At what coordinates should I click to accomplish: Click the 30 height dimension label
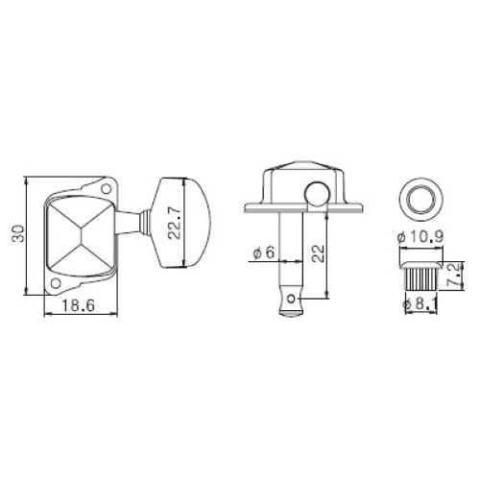point(18,233)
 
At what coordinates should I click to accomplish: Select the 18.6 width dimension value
point(78,305)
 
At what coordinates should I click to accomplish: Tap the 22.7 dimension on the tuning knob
point(175,223)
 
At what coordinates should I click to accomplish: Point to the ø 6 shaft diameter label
point(264,252)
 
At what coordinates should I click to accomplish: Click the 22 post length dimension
point(319,253)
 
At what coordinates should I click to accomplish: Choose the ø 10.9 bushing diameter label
point(420,237)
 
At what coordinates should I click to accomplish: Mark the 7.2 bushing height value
point(456,275)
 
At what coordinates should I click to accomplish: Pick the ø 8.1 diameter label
point(420,305)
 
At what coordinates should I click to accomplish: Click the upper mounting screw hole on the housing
point(106,189)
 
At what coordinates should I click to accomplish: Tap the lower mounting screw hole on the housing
point(56,283)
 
